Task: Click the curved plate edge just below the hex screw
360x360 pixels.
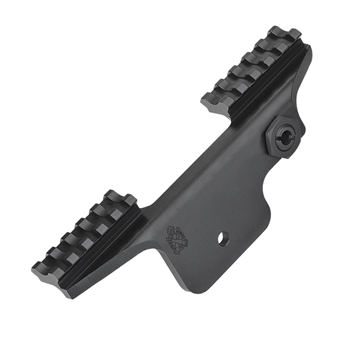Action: [270, 165]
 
